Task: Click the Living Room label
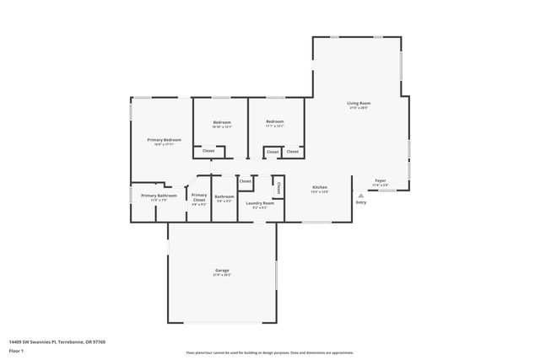359,103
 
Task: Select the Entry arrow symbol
361,195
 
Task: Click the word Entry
361,202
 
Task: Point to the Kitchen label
320,187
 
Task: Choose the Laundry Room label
260,202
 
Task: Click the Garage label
223,270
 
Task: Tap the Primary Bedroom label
165,139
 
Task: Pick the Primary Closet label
199,197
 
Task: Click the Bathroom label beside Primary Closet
224,196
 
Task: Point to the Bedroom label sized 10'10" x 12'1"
222,122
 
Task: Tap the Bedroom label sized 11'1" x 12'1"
275,122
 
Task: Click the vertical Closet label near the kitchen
278,188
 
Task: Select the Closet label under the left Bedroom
208,151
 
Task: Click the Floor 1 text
16,350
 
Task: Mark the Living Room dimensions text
359,108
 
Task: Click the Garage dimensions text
223,275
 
